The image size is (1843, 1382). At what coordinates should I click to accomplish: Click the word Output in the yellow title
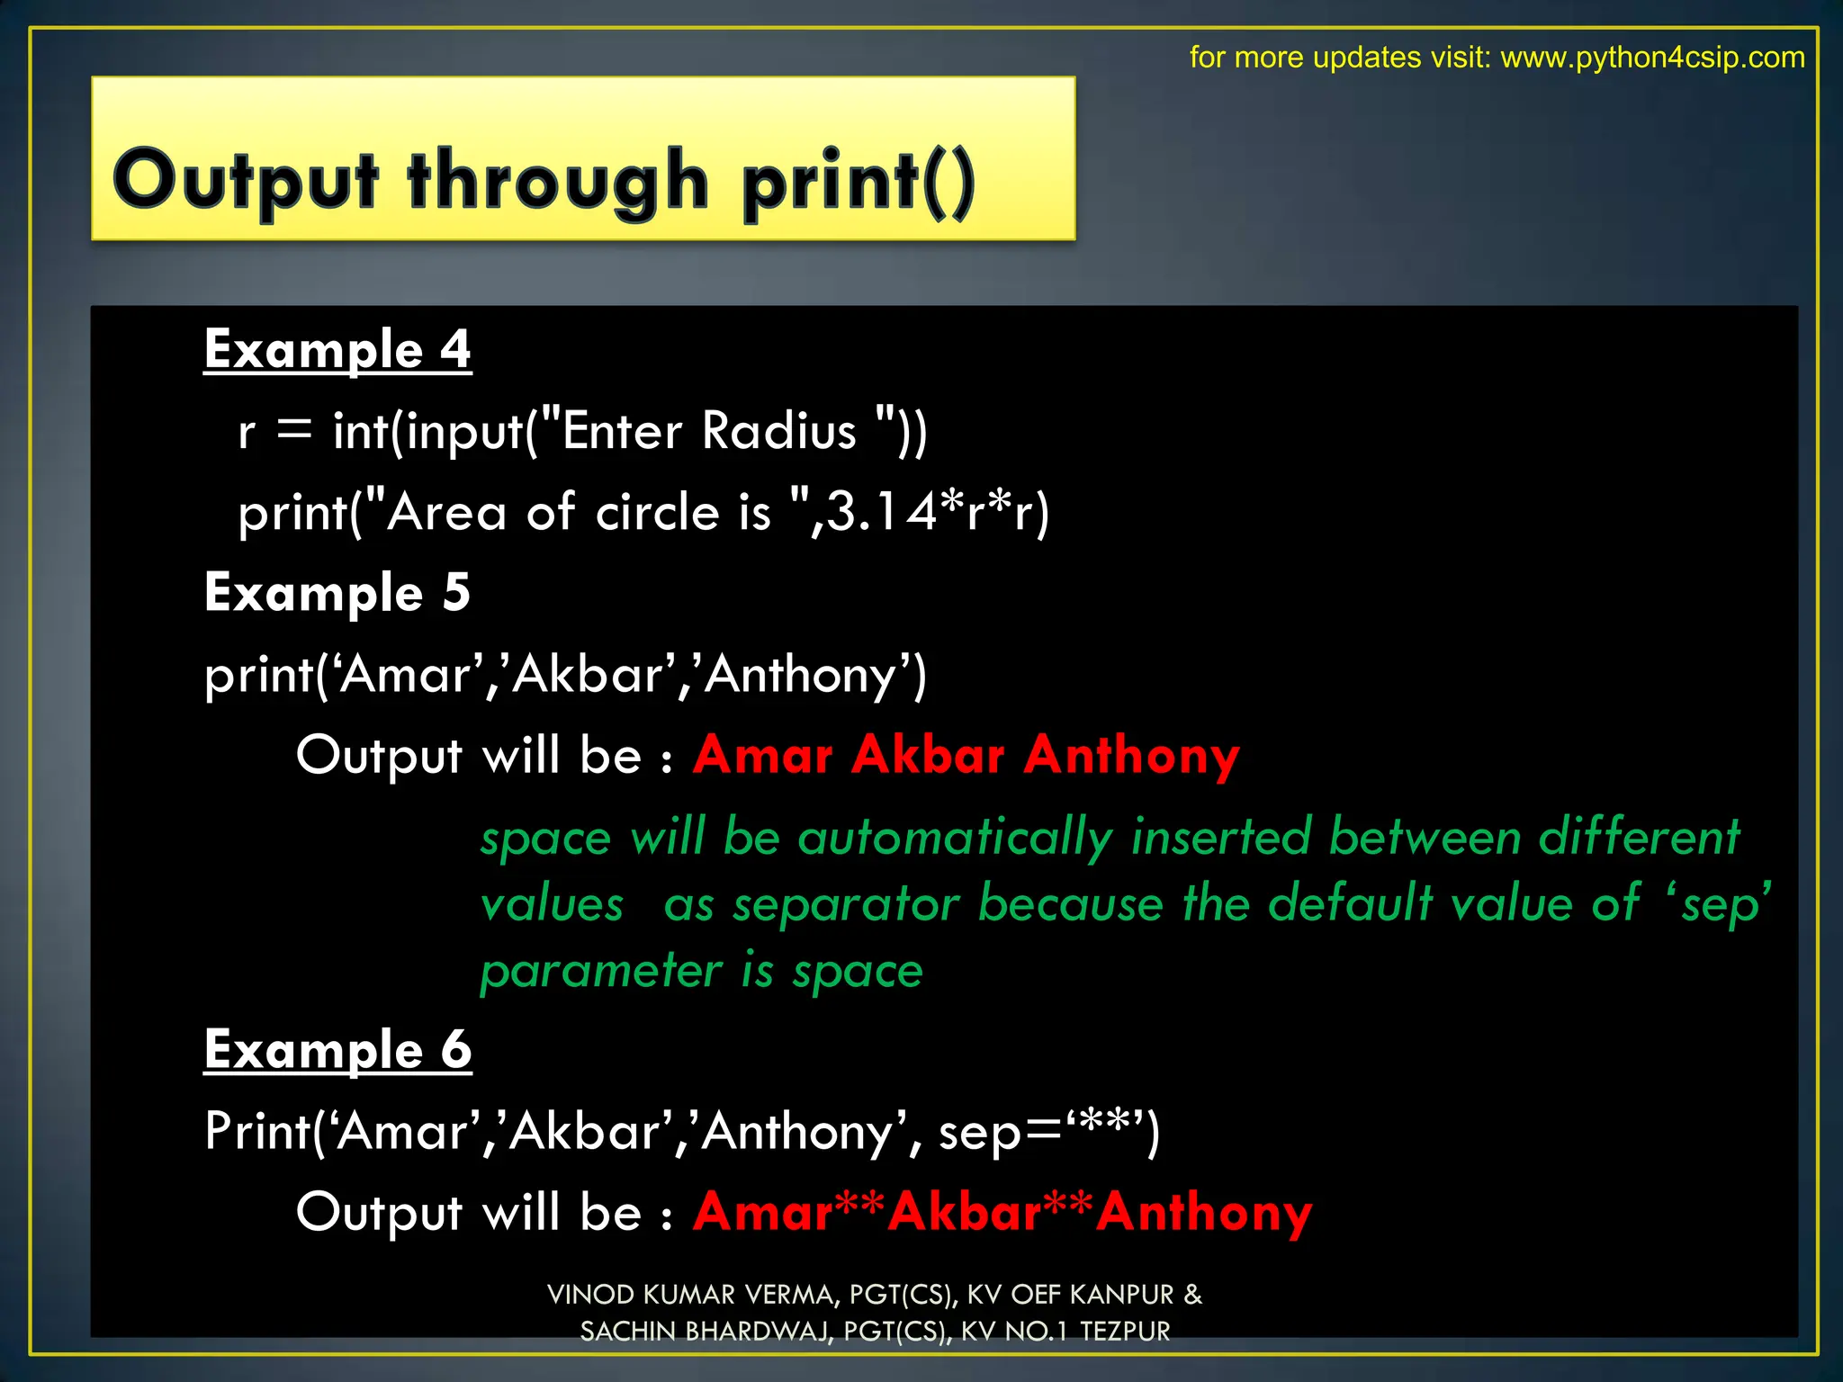point(245,181)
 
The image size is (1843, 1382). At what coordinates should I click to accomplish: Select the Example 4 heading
point(337,349)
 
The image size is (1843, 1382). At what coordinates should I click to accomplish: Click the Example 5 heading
point(337,592)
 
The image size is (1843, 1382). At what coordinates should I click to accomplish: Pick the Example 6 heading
point(337,1049)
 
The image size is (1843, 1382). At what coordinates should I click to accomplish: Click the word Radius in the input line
point(778,430)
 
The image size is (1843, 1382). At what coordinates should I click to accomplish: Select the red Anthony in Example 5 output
point(1131,756)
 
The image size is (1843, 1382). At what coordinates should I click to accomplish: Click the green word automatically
point(955,837)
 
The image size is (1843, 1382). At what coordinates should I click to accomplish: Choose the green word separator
point(846,903)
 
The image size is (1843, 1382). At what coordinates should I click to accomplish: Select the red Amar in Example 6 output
point(763,1212)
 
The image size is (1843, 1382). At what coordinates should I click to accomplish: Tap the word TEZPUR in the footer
point(1125,1332)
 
